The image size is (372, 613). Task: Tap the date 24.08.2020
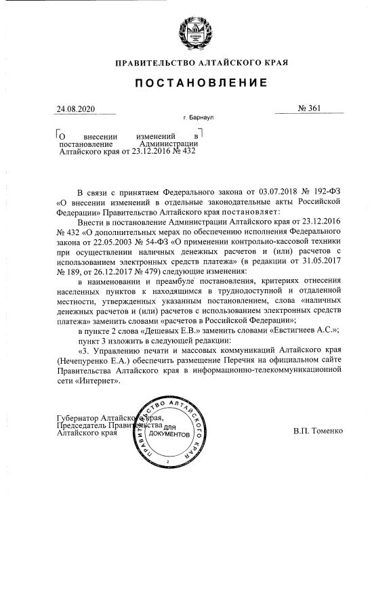coord(77,108)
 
